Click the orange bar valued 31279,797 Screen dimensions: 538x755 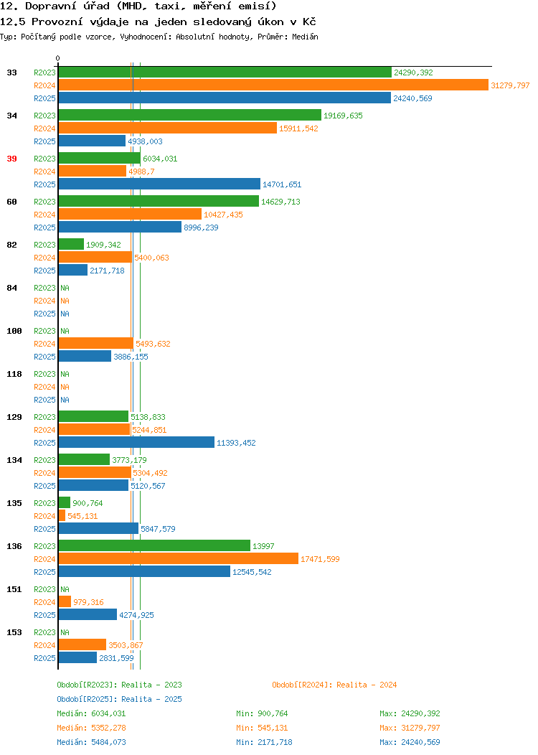click(x=273, y=85)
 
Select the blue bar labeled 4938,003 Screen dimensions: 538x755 click(x=92, y=141)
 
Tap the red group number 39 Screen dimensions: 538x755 click(x=11, y=159)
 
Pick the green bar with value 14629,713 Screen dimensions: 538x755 click(x=159, y=201)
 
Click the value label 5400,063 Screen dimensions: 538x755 click(x=151, y=258)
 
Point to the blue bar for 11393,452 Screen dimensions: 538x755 click(x=137, y=443)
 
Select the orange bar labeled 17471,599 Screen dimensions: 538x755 click(x=179, y=559)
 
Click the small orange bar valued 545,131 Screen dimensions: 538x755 click(x=62, y=516)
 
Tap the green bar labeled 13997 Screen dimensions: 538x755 click(x=154, y=546)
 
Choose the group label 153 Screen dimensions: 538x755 click(x=14, y=632)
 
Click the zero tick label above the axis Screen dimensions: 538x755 click(x=58, y=58)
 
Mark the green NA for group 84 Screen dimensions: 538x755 click(x=65, y=288)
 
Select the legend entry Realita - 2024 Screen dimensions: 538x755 click(x=334, y=685)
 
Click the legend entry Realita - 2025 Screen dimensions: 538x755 click(x=119, y=699)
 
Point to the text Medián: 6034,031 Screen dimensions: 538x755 click(x=91, y=713)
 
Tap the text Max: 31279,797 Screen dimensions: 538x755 click(x=410, y=728)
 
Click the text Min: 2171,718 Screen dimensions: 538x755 click(x=264, y=742)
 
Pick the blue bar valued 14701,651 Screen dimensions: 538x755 click(x=159, y=184)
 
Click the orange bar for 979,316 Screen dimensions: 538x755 click(x=65, y=602)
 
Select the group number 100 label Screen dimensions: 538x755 click(x=14, y=331)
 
